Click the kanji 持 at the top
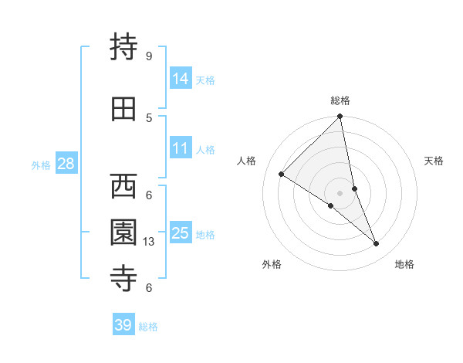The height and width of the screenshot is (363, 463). click(124, 49)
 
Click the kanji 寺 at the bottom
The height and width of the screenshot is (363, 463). click(124, 278)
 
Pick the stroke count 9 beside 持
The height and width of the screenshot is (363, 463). click(148, 56)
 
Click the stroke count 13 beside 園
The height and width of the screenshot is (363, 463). click(150, 242)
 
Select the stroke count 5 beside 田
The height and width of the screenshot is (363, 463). click(148, 117)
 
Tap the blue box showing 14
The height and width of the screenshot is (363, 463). click(181, 78)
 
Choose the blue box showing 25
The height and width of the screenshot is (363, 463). click(181, 232)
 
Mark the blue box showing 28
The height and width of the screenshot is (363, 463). click(66, 163)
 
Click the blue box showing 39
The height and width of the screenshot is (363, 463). click(123, 325)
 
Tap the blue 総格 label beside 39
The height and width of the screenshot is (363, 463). click(148, 327)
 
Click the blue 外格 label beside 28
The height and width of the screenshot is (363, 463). click(41, 165)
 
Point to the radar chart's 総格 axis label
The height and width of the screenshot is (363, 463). click(340, 100)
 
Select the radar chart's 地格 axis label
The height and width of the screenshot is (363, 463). click(404, 264)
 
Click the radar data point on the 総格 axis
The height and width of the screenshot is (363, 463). click(340, 117)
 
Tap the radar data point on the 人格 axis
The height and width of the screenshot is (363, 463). click(282, 175)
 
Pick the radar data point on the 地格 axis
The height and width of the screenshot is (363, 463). click(377, 244)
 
